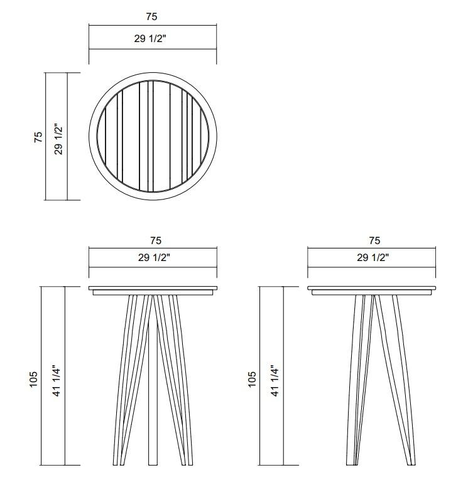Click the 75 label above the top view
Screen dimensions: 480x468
tap(152, 17)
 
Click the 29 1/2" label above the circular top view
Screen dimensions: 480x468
tap(152, 38)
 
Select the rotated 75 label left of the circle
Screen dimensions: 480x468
tap(38, 137)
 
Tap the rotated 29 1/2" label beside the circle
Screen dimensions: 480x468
tap(58, 137)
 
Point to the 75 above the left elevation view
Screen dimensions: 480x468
tap(156, 240)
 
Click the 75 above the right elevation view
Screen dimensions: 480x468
tap(374, 240)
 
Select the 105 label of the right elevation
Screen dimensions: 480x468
tap(253, 378)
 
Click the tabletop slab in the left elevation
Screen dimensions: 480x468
tap(153, 289)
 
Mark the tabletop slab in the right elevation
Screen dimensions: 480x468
tap(372, 289)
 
